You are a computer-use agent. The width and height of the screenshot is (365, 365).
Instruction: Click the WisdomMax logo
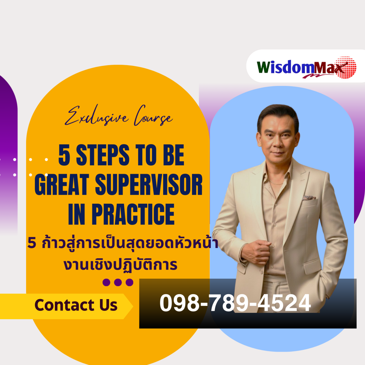point(301,67)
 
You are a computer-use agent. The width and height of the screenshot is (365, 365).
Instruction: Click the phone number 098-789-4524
point(235,303)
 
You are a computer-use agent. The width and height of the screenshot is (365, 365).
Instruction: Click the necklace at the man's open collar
point(277,183)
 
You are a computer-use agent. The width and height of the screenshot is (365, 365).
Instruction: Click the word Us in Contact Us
point(107,305)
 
